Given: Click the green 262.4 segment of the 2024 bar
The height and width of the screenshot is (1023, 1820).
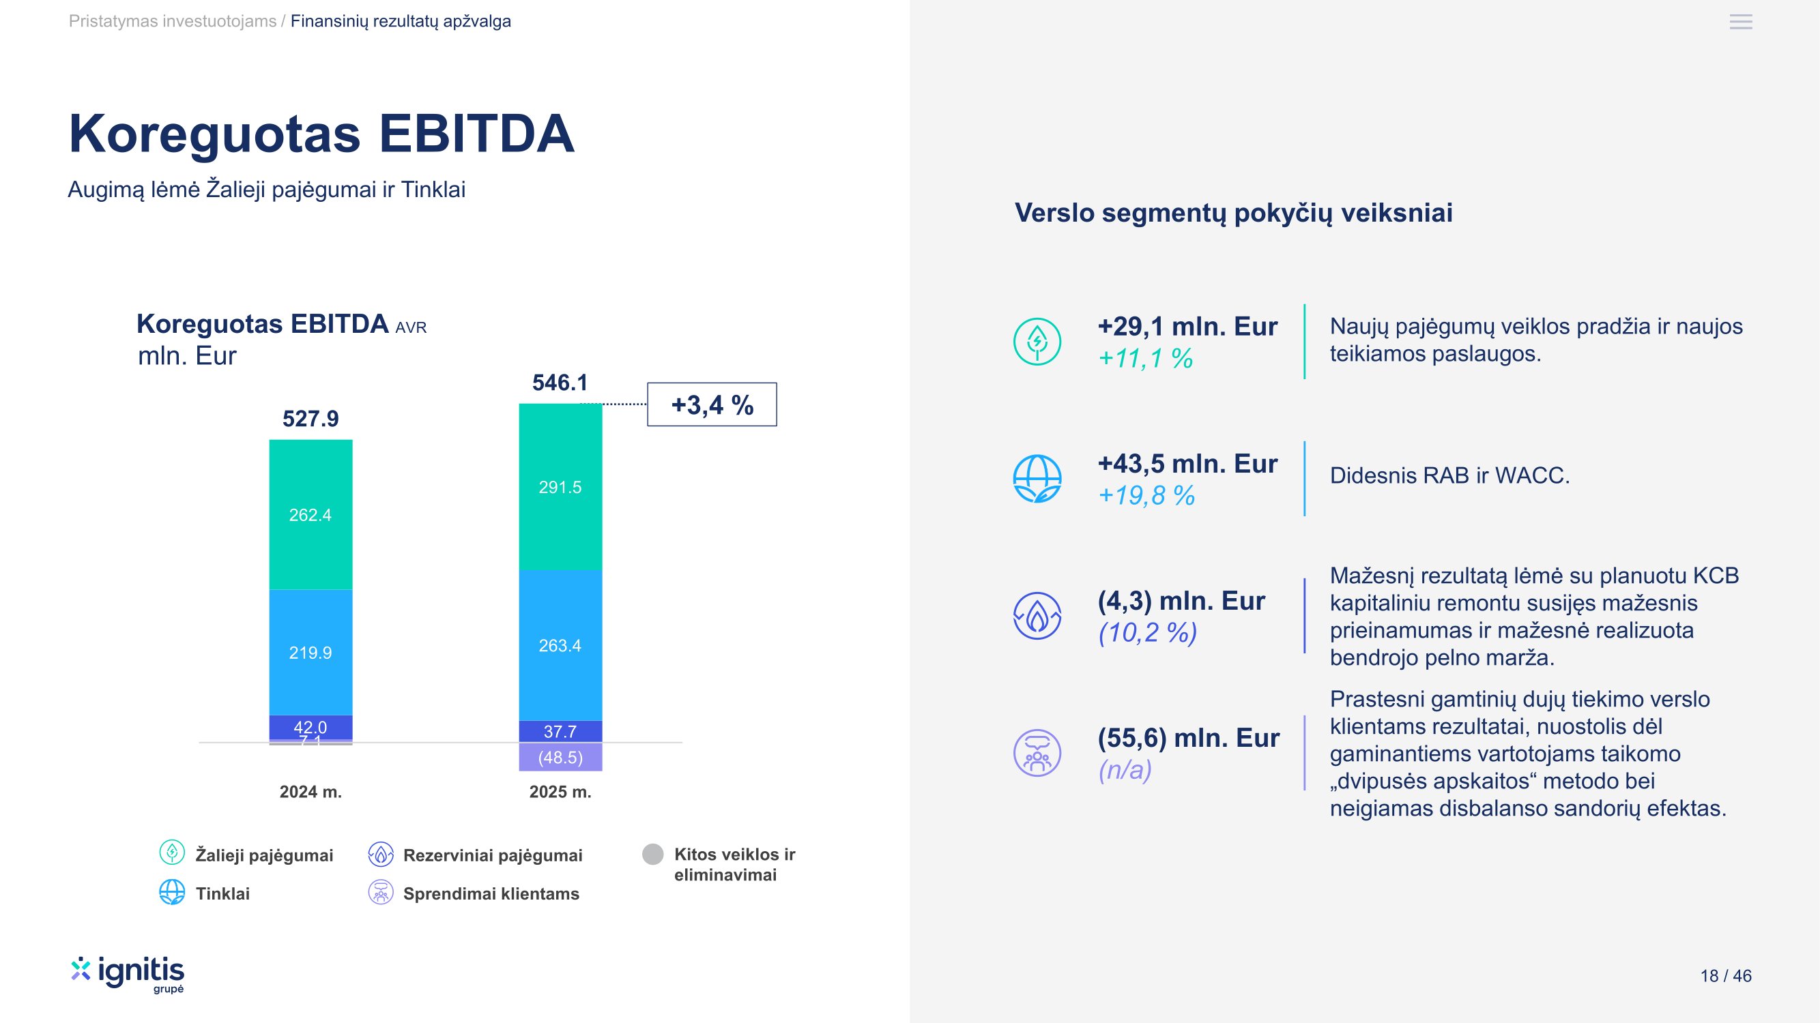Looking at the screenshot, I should pyautogui.click(x=310, y=515).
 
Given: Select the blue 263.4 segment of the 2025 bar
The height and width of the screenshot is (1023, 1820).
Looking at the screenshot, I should pyautogui.click(x=560, y=645).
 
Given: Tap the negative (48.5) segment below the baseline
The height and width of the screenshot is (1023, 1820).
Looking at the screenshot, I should pyautogui.click(x=560, y=758).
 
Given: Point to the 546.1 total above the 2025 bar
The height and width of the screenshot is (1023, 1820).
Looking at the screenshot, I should pyautogui.click(x=560, y=383).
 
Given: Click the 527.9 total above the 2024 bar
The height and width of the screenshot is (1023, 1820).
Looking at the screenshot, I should pyautogui.click(x=310, y=419).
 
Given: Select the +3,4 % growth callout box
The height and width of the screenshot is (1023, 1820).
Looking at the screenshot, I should pyautogui.click(x=712, y=404).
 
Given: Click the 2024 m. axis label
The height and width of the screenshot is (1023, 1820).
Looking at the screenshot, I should pyautogui.click(x=310, y=791).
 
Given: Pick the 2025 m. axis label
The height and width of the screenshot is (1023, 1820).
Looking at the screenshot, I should pyautogui.click(x=560, y=791).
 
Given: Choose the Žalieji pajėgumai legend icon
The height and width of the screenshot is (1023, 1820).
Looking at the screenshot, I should pyautogui.click(x=172, y=853).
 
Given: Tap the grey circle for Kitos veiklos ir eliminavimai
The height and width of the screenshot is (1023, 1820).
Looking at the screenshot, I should pyautogui.click(x=653, y=855).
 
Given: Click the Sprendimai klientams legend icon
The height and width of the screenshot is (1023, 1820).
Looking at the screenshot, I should pyautogui.click(x=381, y=892).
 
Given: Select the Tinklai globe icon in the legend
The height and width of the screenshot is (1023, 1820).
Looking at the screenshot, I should pyautogui.click(x=172, y=892).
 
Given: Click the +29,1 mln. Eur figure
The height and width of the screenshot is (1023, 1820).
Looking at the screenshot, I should pyautogui.click(x=1187, y=326).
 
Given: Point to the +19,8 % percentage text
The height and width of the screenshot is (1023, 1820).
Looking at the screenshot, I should pyautogui.click(x=1146, y=496).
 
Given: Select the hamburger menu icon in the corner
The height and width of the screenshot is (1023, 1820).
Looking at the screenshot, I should pyautogui.click(x=1741, y=22).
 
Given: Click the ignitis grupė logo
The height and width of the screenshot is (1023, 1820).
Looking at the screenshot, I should pyautogui.click(x=128, y=975).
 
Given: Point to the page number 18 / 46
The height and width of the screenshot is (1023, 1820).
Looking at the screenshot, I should pyautogui.click(x=1725, y=976).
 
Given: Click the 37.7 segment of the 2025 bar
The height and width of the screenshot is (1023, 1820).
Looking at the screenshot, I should pyautogui.click(x=560, y=731).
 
